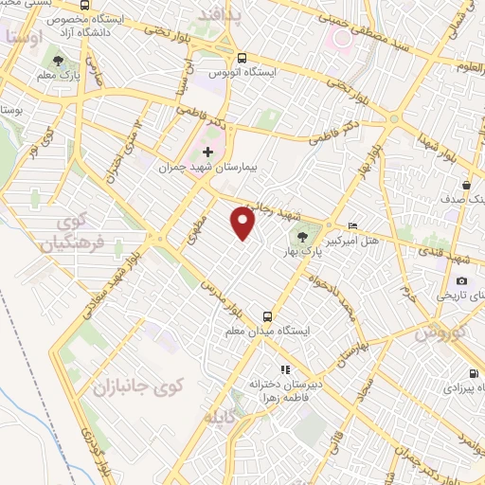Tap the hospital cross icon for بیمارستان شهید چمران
point(208,152)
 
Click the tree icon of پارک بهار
point(302,238)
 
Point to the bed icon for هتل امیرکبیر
point(353,225)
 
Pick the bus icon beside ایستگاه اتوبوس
point(242,57)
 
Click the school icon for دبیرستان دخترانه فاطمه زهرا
point(281,370)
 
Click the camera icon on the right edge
point(461,280)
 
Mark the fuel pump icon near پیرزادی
point(473,373)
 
